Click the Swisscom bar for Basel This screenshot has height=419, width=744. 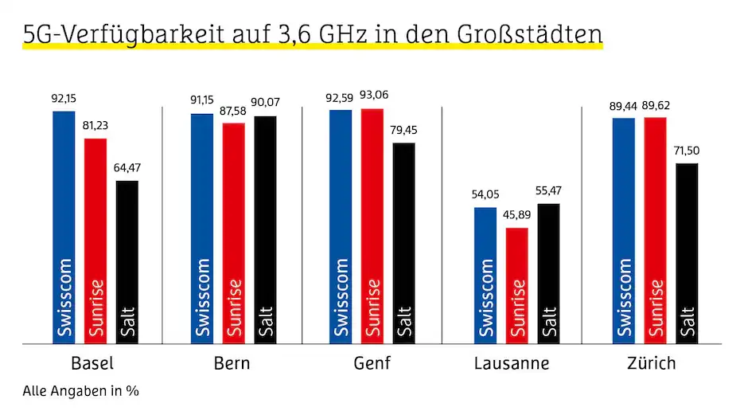(x=64, y=227)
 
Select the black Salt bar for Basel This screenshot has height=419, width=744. (x=127, y=262)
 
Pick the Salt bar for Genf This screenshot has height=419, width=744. (x=404, y=243)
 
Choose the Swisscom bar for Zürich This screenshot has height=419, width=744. (x=624, y=230)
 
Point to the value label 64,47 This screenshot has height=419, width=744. (x=127, y=169)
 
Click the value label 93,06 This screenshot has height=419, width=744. (x=372, y=96)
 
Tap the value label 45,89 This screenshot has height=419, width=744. (x=517, y=216)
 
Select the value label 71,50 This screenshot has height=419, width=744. (x=688, y=151)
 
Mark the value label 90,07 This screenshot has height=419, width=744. (x=266, y=104)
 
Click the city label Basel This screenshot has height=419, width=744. (x=92, y=364)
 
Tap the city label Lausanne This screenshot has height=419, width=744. (x=512, y=364)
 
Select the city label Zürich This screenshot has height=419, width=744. (x=651, y=363)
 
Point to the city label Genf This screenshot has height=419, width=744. (x=372, y=364)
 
